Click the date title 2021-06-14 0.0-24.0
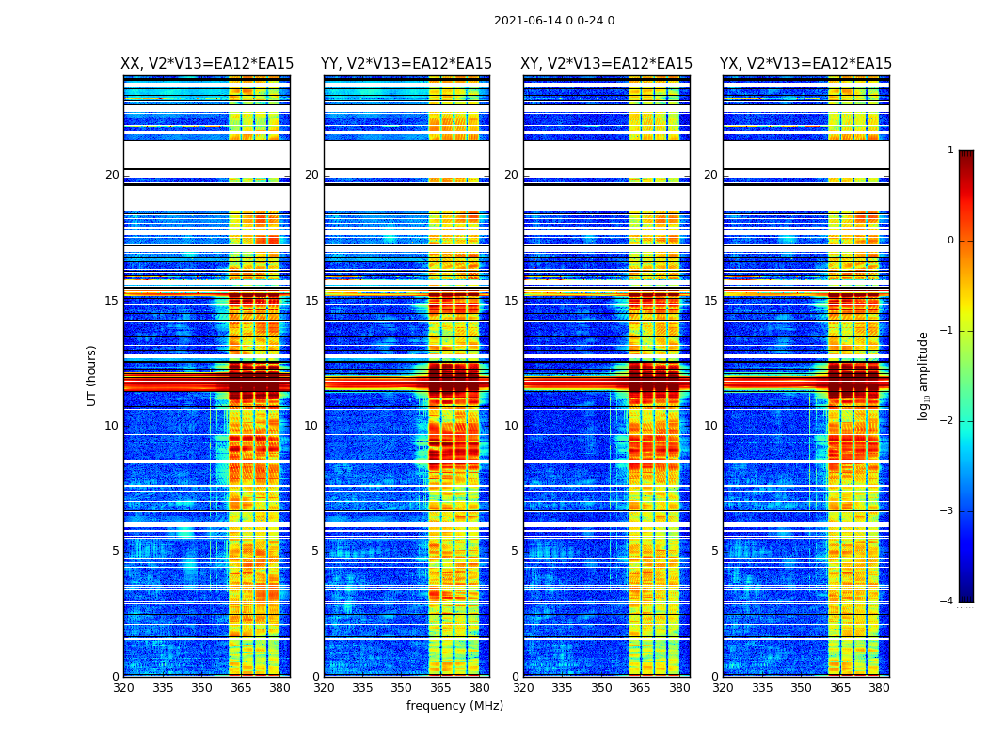click(554, 21)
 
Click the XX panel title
click(207, 64)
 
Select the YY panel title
click(406, 64)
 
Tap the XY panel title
click(607, 64)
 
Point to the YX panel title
click(805, 64)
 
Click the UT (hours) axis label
click(92, 375)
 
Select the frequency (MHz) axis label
click(454, 706)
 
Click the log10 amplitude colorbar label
click(924, 375)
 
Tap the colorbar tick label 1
click(950, 150)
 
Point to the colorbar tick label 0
click(950, 241)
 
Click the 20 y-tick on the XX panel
click(112, 175)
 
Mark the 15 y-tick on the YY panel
click(311, 301)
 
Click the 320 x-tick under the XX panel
click(123, 688)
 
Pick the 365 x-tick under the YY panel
click(440, 688)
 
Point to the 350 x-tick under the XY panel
click(601, 688)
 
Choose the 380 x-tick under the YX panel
click(879, 688)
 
